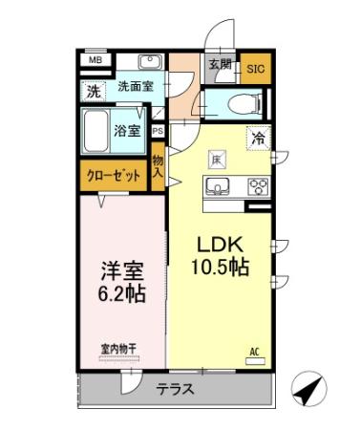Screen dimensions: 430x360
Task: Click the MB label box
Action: tap(95, 60)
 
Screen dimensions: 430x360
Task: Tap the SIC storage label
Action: tap(255, 68)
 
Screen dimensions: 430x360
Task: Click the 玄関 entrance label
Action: tap(221, 65)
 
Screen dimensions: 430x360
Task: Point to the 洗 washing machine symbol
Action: tap(94, 92)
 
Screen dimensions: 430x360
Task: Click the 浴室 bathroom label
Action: tap(130, 128)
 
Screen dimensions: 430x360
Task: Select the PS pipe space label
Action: tap(157, 132)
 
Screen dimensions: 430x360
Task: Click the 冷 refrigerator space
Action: tap(258, 139)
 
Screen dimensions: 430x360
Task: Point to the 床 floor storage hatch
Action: tap(217, 158)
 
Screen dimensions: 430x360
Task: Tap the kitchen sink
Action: tap(217, 185)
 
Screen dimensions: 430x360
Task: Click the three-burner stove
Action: tap(256, 185)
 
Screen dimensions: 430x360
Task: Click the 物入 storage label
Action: tap(158, 167)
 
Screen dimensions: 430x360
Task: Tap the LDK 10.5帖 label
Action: tap(222, 255)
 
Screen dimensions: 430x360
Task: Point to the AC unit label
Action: tap(254, 352)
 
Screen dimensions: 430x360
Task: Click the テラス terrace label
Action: tap(176, 389)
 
